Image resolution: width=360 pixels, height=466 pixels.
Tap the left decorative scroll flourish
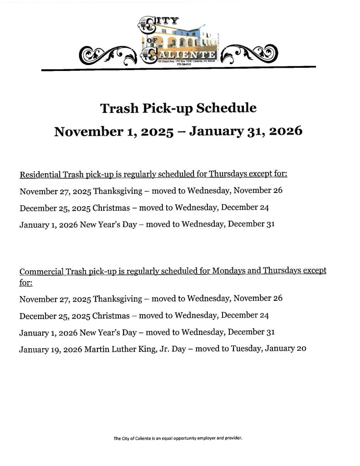click(108, 56)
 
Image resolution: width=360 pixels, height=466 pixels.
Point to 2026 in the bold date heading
click(285, 132)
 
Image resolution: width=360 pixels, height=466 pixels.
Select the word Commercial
click(41, 272)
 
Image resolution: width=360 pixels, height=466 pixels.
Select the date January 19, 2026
click(51, 349)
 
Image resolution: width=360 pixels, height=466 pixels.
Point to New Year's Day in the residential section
click(108, 224)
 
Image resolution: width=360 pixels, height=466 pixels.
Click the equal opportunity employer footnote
click(177, 439)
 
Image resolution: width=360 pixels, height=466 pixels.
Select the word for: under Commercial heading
click(26, 282)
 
